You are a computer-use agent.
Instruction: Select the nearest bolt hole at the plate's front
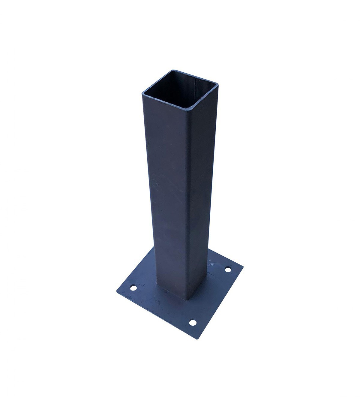pos(193,323)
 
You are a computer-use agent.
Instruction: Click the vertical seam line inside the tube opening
pos(195,87)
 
